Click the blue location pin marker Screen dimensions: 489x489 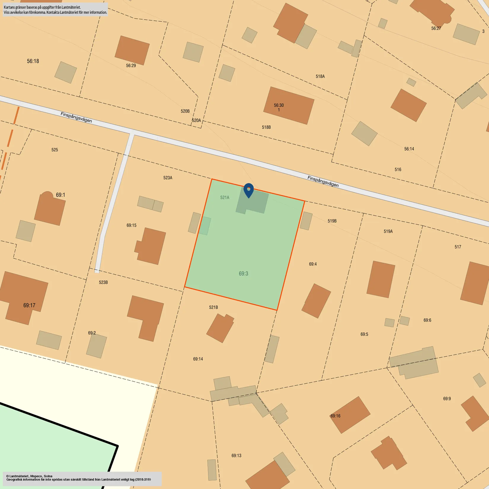tap(249, 190)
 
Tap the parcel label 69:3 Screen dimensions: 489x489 tap(243, 274)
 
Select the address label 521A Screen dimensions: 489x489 tap(225, 197)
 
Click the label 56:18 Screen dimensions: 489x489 tap(33, 61)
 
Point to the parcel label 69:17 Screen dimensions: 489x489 tap(29, 305)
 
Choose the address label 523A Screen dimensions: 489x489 tap(168, 178)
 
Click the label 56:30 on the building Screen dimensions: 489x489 tap(279, 105)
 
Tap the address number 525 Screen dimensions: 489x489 tap(55, 150)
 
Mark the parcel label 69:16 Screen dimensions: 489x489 tap(335, 416)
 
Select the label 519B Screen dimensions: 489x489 tap(332, 221)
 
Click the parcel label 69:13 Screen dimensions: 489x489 tap(236, 456)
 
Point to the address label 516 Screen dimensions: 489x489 tap(398, 170)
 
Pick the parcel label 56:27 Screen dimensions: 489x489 tap(436, 28)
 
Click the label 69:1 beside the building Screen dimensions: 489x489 tap(60, 195)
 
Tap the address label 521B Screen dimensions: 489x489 tap(213, 307)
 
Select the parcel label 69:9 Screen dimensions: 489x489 tap(447, 399)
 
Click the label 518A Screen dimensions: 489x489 tap(320, 76)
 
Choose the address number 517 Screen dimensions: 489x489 tap(458, 247)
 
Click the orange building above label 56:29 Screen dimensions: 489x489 tap(132, 50)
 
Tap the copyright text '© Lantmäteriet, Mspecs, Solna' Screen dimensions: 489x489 tap(29, 476)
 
